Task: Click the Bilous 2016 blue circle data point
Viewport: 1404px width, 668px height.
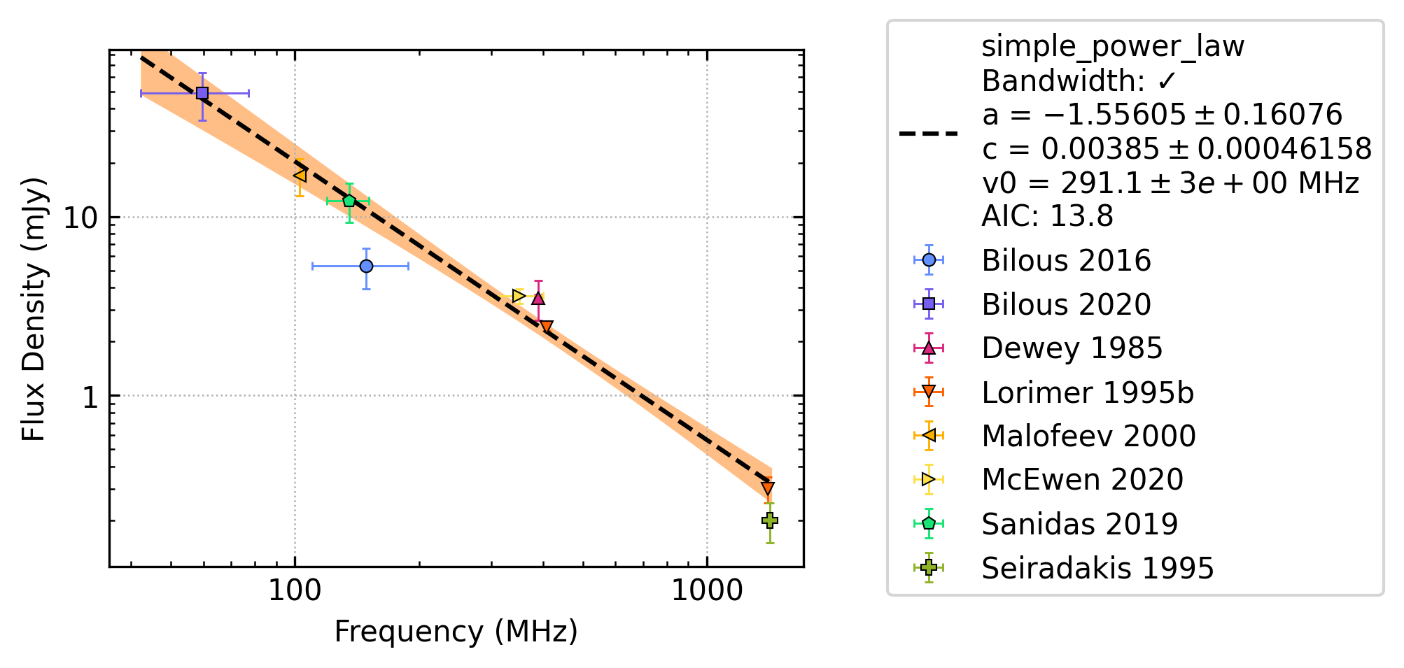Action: pyautogui.click(x=366, y=266)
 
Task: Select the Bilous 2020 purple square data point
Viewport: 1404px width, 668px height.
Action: pyautogui.click(x=202, y=93)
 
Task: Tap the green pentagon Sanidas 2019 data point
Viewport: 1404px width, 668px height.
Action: pyautogui.click(x=349, y=201)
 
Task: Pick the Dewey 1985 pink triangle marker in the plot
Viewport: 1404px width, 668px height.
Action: pyautogui.click(x=538, y=299)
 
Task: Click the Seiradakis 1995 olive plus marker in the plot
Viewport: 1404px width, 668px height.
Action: pyautogui.click(x=769, y=520)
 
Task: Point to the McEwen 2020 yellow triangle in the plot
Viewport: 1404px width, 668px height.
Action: pyautogui.click(x=518, y=296)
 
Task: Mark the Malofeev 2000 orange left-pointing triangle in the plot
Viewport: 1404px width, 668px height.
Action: pyautogui.click(x=300, y=174)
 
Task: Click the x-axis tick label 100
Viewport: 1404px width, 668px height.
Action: pyautogui.click(x=295, y=591)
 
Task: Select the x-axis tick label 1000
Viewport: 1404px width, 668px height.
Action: pyautogui.click(x=707, y=591)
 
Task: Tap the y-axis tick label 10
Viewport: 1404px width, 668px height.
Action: pyautogui.click(x=80, y=218)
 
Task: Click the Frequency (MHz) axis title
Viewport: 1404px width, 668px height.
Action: pyautogui.click(x=456, y=632)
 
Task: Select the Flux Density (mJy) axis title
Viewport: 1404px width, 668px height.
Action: pyautogui.click(x=34, y=309)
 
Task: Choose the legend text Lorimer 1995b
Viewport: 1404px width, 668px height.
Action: pyautogui.click(x=1088, y=392)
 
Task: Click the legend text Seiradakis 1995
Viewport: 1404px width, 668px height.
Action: pyautogui.click(x=1097, y=568)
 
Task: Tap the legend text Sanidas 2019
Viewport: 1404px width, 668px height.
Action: pyautogui.click(x=1080, y=524)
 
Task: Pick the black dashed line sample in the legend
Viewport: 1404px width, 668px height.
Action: pyautogui.click(x=929, y=133)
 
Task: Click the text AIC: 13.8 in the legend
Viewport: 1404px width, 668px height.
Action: pyautogui.click(x=1047, y=216)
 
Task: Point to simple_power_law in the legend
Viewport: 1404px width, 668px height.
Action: pyautogui.click(x=1113, y=47)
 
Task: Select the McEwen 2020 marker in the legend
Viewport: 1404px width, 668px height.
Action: pyautogui.click(x=929, y=479)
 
